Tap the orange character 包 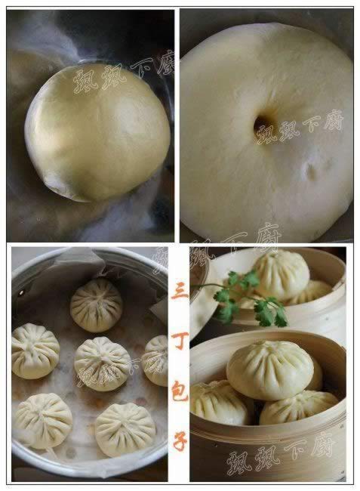pyautogui.click(x=179, y=391)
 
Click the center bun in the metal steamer pyautogui.click(x=102, y=363)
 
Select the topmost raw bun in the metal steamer pyautogui.click(x=96, y=304)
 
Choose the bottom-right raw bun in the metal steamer pyautogui.click(x=125, y=429)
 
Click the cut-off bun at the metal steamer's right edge pyautogui.click(x=156, y=360)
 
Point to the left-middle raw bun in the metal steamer pyautogui.click(x=34, y=350)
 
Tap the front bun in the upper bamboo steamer pyautogui.click(x=280, y=273)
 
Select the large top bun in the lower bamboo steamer pyautogui.click(x=269, y=369)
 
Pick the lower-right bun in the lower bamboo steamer pyautogui.click(x=299, y=407)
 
